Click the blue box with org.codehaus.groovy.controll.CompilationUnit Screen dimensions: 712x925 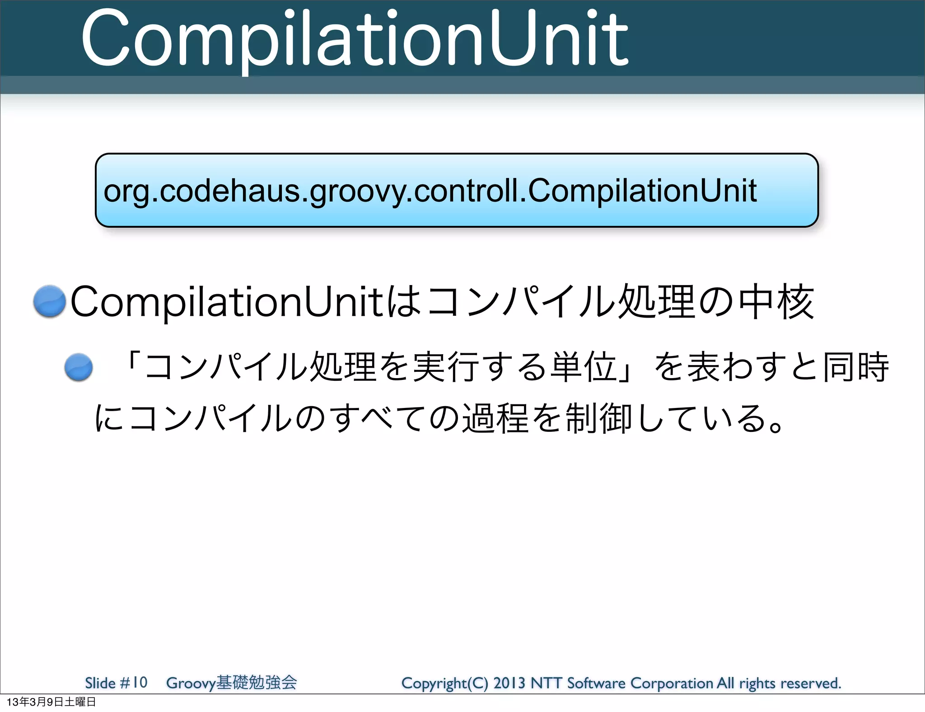(x=457, y=190)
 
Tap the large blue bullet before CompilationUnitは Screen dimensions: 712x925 (x=50, y=301)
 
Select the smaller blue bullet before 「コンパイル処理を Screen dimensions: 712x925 (x=79, y=367)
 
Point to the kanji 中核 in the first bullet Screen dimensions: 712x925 (x=776, y=302)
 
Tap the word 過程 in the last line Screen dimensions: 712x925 (x=495, y=418)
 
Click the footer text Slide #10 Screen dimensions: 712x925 (x=116, y=682)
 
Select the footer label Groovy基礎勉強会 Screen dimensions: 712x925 (x=231, y=682)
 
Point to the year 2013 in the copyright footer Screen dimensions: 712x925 (x=509, y=683)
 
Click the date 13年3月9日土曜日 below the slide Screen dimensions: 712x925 (x=51, y=702)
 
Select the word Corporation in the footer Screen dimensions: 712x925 (x=672, y=683)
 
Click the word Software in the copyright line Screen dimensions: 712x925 (x=596, y=683)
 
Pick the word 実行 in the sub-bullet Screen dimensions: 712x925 (x=445, y=366)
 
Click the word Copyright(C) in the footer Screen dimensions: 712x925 (x=444, y=683)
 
